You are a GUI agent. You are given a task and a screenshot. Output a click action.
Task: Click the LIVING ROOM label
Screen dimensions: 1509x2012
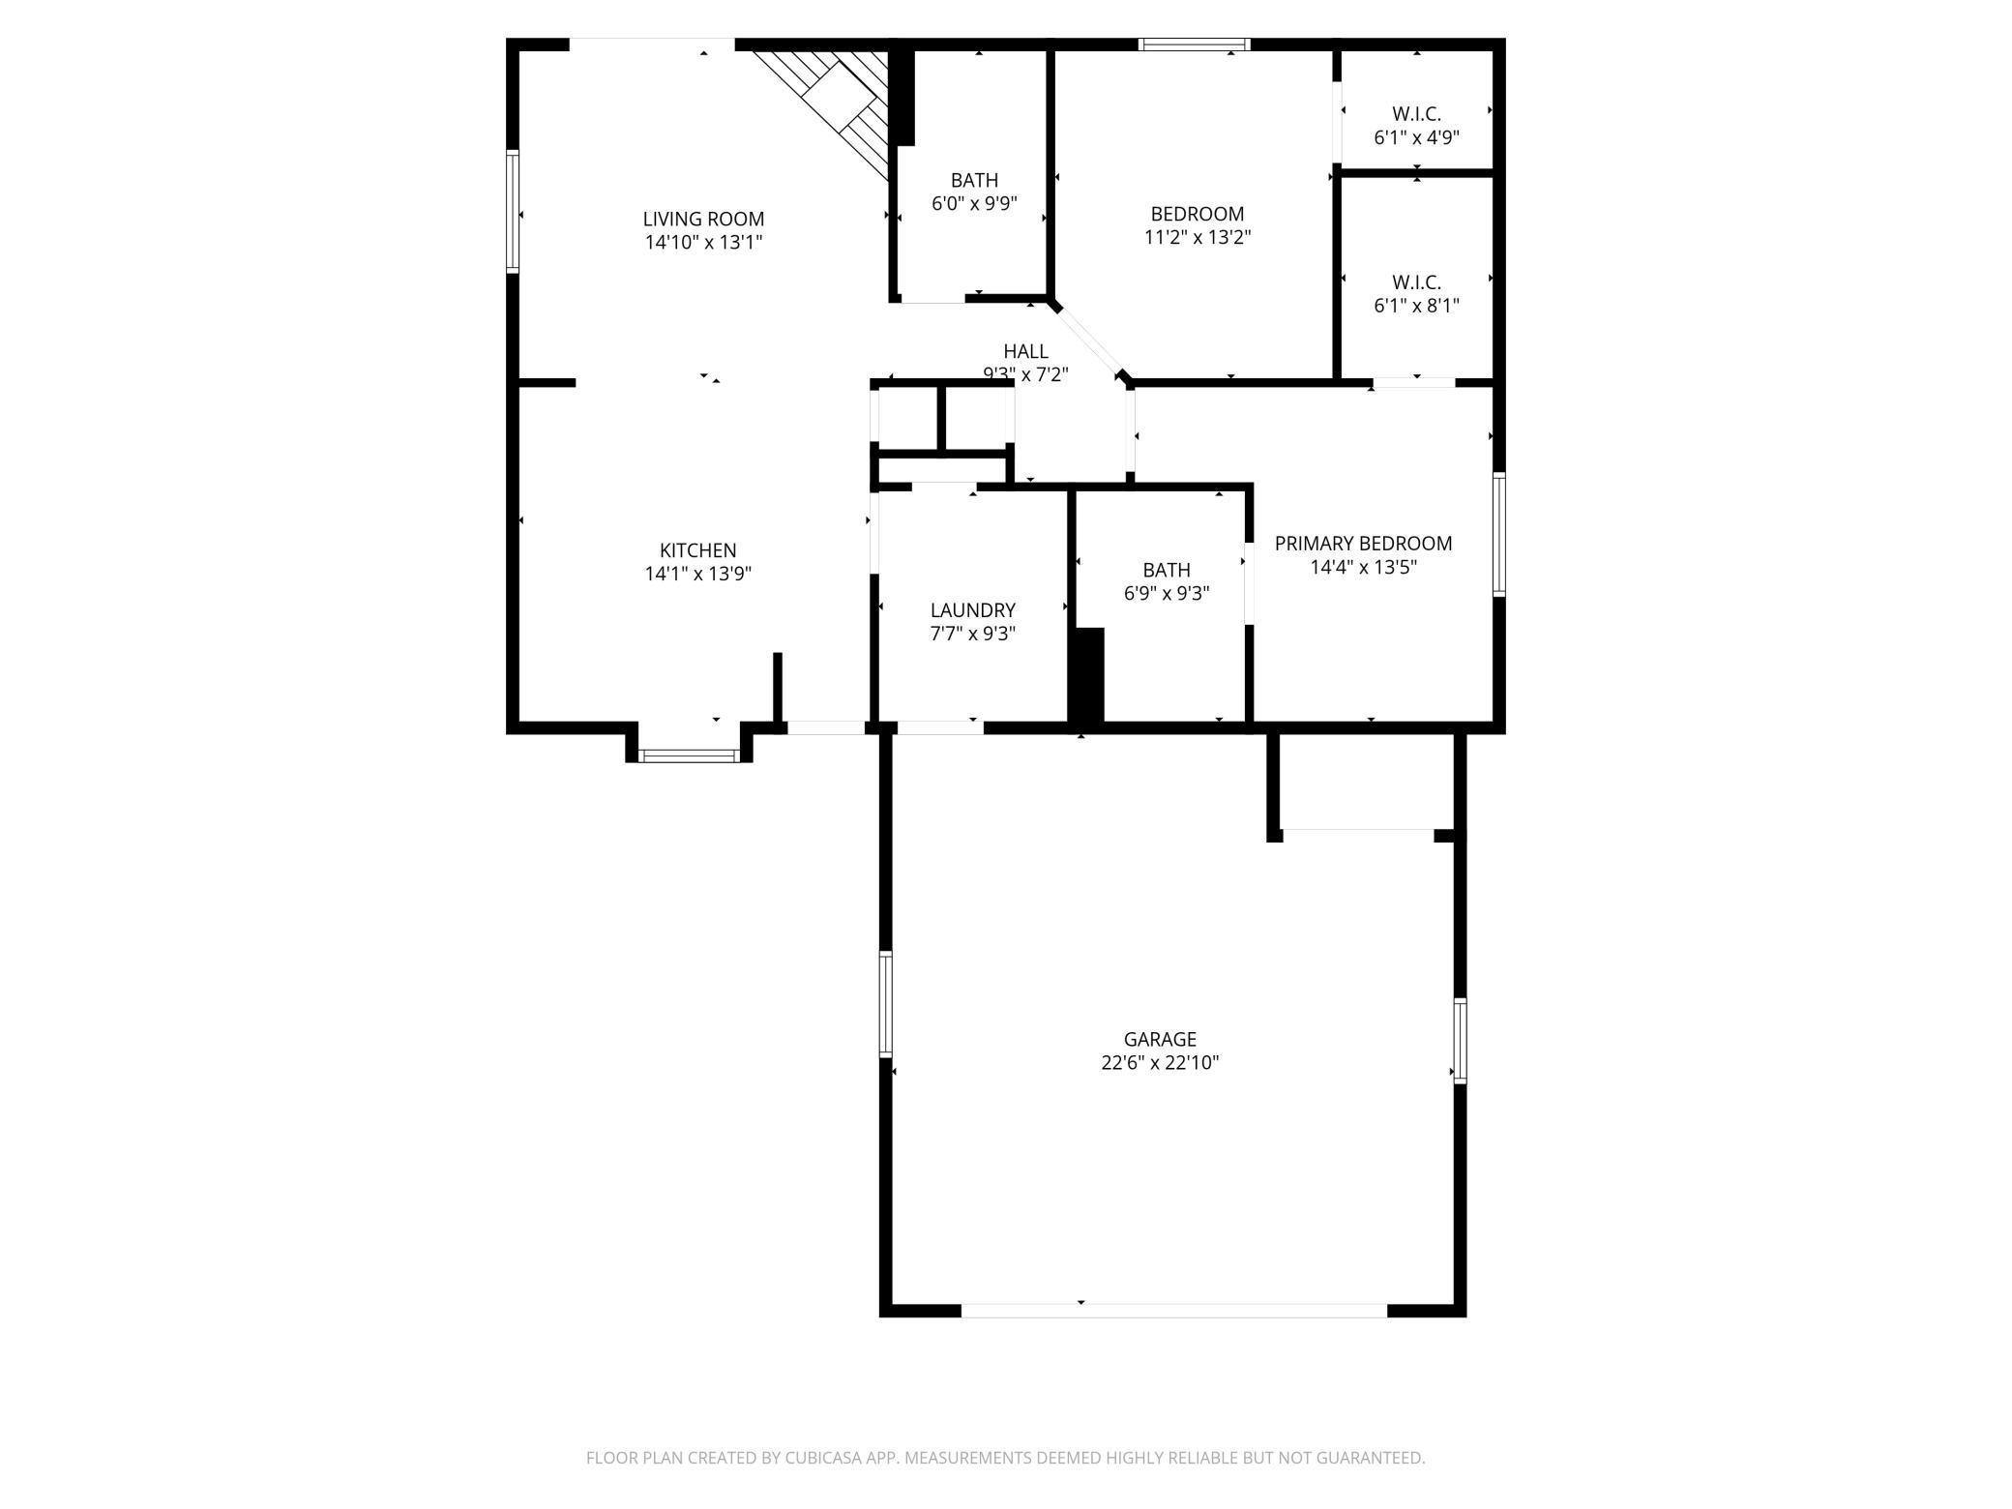click(703, 219)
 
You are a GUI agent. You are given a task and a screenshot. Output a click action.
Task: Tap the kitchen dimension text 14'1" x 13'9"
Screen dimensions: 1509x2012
click(697, 574)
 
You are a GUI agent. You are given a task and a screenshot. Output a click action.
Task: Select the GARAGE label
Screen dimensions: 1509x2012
click(1160, 1039)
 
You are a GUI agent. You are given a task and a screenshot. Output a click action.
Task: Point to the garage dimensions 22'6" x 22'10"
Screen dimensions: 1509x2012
click(1160, 1063)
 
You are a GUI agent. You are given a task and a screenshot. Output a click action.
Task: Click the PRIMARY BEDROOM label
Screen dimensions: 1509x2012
click(1363, 544)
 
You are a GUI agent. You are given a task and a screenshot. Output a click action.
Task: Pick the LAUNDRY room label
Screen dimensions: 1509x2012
click(972, 610)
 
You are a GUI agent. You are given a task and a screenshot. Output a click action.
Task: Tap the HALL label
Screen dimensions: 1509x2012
click(1025, 351)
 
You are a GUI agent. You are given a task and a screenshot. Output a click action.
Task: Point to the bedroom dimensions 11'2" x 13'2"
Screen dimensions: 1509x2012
click(1198, 237)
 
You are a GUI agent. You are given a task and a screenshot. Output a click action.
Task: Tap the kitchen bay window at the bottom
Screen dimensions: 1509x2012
click(690, 755)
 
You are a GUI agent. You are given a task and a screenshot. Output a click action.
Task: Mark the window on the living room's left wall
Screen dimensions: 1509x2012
click(514, 211)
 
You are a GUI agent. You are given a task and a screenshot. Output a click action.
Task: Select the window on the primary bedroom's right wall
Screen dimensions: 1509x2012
click(1498, 533)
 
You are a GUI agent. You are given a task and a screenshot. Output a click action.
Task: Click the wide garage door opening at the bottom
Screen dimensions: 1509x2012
click(1173, 1311)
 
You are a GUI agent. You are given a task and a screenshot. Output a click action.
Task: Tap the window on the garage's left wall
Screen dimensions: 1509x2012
click(885, 1003)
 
